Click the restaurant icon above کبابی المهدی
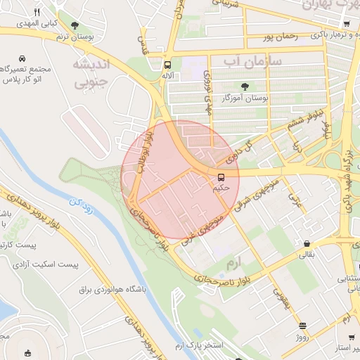[x=37, y=12]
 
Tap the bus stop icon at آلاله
[x=167, y=62]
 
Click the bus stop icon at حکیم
[x=221, y=177]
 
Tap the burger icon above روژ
[x=302, y=326]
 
